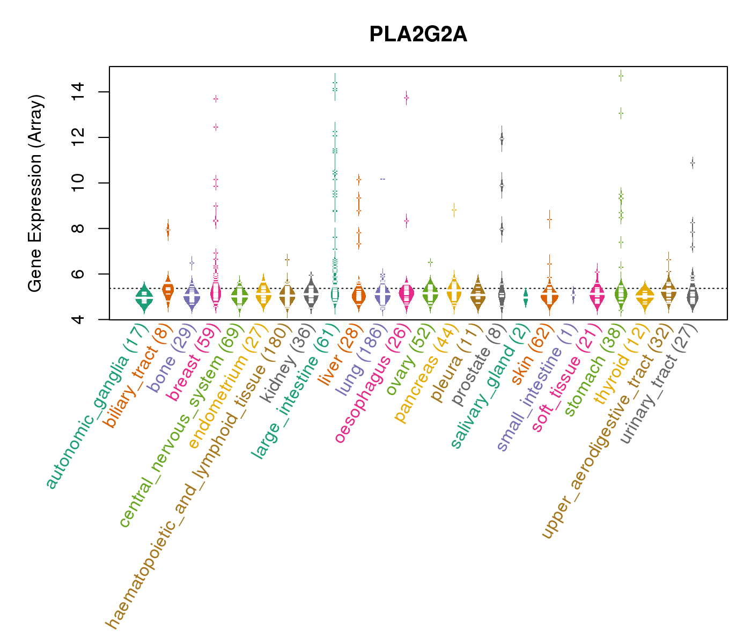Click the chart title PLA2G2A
tap(418, 35)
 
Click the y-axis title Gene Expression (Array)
tap(35, 193)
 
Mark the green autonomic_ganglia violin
tap(144, 297)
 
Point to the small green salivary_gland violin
tap(525, 296)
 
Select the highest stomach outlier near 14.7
tap(621, 76)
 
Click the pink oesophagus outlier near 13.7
tap(407, 98)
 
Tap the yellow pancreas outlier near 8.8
tap(454, 210)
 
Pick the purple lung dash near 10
tap(382, 179)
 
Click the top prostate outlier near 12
tap(502, 138)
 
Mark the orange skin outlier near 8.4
tap(549, 219)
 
